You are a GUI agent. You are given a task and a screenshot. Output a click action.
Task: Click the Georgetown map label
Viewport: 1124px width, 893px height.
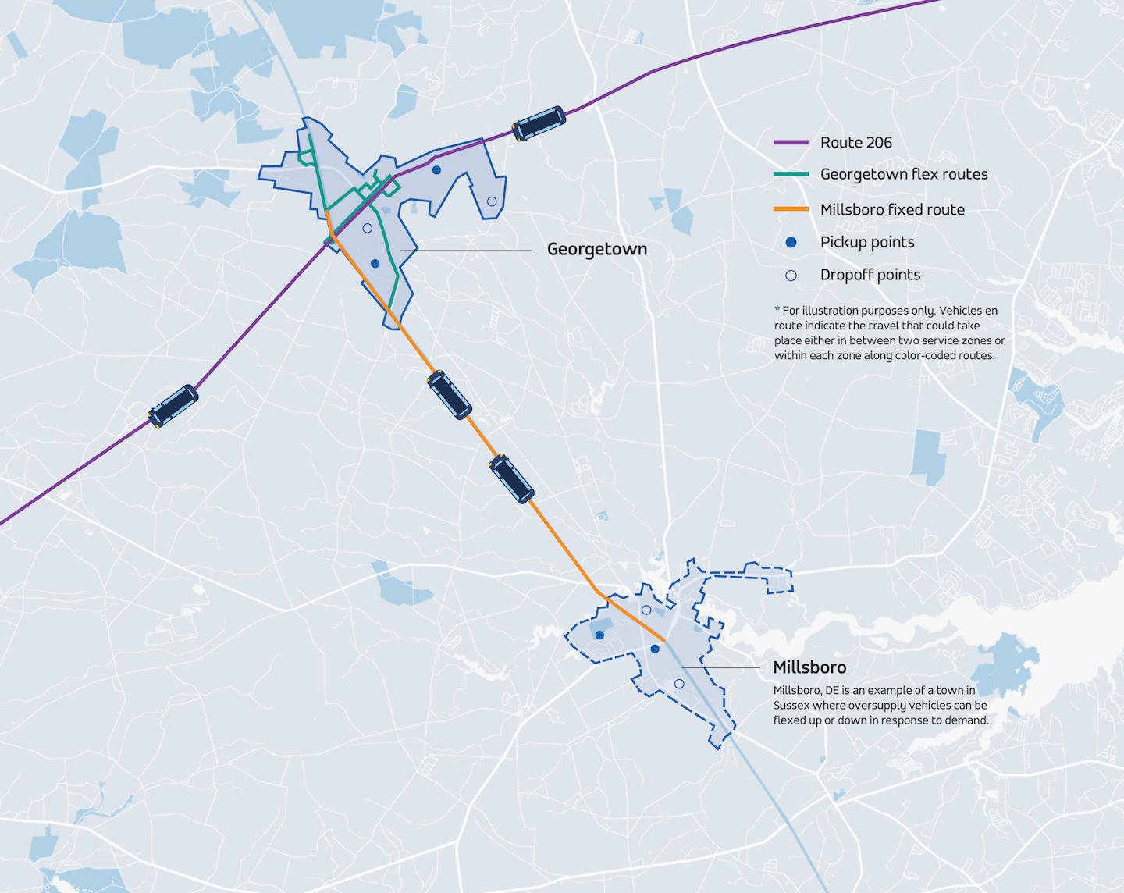pos(597,249)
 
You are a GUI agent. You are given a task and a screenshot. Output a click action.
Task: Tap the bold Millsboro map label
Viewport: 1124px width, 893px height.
pos(809,667)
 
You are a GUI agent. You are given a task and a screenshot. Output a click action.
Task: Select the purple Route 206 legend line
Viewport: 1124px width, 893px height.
pos(791,143)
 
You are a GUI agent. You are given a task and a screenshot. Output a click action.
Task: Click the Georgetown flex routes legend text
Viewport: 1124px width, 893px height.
pos(904,174)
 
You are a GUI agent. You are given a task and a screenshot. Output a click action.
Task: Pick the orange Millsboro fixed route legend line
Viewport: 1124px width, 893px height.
pos(791,209)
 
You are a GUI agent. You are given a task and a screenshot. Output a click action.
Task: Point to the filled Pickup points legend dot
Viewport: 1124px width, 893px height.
pos(791,243)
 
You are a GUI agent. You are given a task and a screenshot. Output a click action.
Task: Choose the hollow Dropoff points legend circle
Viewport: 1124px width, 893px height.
pos(791,276)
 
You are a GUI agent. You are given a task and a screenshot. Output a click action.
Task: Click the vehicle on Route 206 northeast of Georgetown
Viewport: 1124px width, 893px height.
pos(539,123)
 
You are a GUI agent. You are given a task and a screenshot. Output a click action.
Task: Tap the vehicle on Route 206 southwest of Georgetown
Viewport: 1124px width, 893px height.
pos(173,405)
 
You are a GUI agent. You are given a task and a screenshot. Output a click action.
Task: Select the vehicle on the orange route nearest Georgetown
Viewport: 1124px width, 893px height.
pos(450,395)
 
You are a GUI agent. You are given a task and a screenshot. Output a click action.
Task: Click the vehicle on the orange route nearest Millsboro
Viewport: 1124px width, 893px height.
pos(512,479)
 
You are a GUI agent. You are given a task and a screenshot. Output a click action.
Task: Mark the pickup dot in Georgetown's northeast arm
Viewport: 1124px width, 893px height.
pos(436,169)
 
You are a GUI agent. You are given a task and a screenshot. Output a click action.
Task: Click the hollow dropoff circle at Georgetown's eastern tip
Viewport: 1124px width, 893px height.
pos(492,201)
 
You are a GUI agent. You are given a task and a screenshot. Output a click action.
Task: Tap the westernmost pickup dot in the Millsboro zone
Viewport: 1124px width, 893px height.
pos(599,635)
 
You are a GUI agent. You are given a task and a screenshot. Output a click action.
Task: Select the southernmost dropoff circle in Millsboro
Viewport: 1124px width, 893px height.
pos(679,684)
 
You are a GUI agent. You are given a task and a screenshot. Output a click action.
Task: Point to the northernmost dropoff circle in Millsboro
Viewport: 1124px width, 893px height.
pos(646,610)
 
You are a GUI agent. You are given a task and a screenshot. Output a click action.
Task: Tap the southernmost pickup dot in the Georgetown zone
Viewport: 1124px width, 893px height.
pos(375,264)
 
